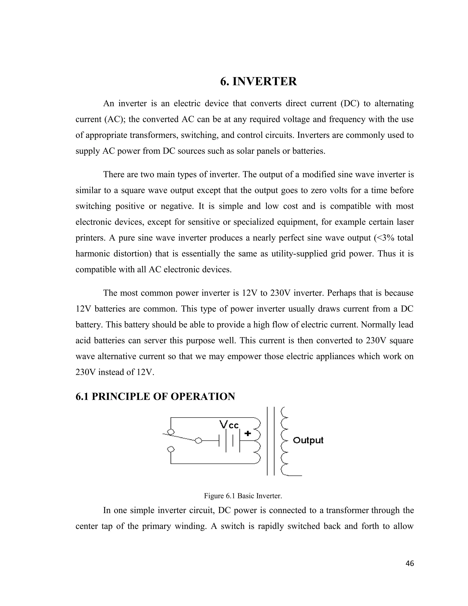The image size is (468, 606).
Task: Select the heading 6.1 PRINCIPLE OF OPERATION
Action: tap(155, 397)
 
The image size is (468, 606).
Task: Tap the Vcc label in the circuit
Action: tap(229, 424)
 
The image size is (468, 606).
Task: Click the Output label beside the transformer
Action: tap(308, 440)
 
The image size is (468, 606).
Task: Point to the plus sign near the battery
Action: tap(247, 433)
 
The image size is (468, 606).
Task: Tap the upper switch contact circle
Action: tap(171, 432)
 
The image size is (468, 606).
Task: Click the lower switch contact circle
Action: tap(171, 449)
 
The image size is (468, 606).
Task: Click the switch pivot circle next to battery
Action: tap(199, 441)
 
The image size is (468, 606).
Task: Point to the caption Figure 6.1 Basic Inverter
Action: tap(243, 496)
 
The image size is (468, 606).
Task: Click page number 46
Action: tap(409, 563)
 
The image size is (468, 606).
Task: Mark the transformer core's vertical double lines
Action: tap(271, 441)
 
